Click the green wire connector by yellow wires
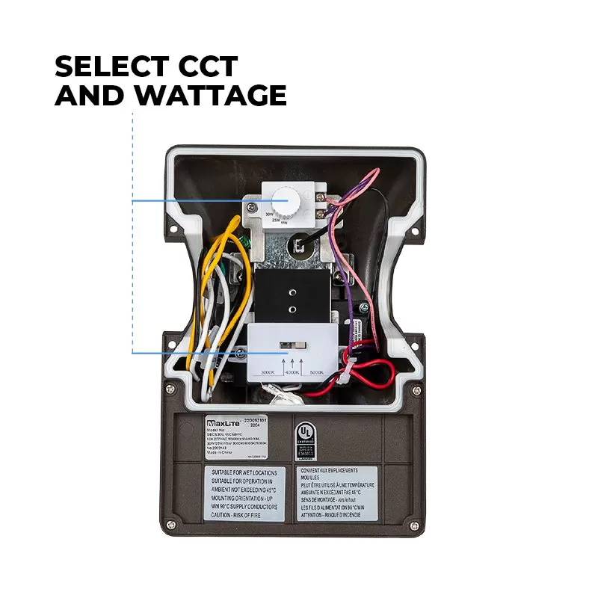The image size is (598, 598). [245, 242]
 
